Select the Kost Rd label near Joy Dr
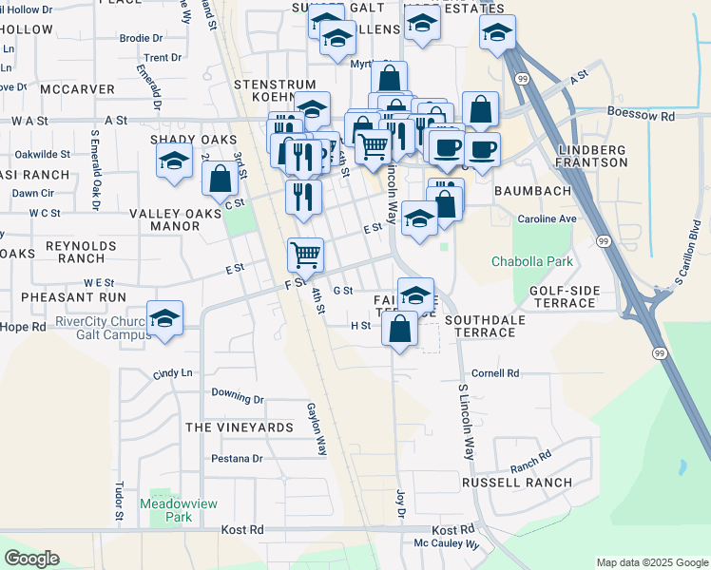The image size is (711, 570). pyautogui.click(x=452, y=529)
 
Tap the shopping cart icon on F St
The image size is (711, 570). pyautogui.click(x=305, y=254)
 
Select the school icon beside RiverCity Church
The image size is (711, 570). pyautogui.click(x=165, y=317)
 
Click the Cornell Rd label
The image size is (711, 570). pyautogui.click(x=495, y=374)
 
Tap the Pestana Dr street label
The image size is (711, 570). pyautogui.click(x=237, y=459)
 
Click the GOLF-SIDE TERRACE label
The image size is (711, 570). pyautogui.click(x=563, y=295)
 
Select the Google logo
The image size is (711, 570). pyautogui.click(x=31, y=559)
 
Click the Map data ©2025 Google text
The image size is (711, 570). pyautogui.click(x=651, y=562)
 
